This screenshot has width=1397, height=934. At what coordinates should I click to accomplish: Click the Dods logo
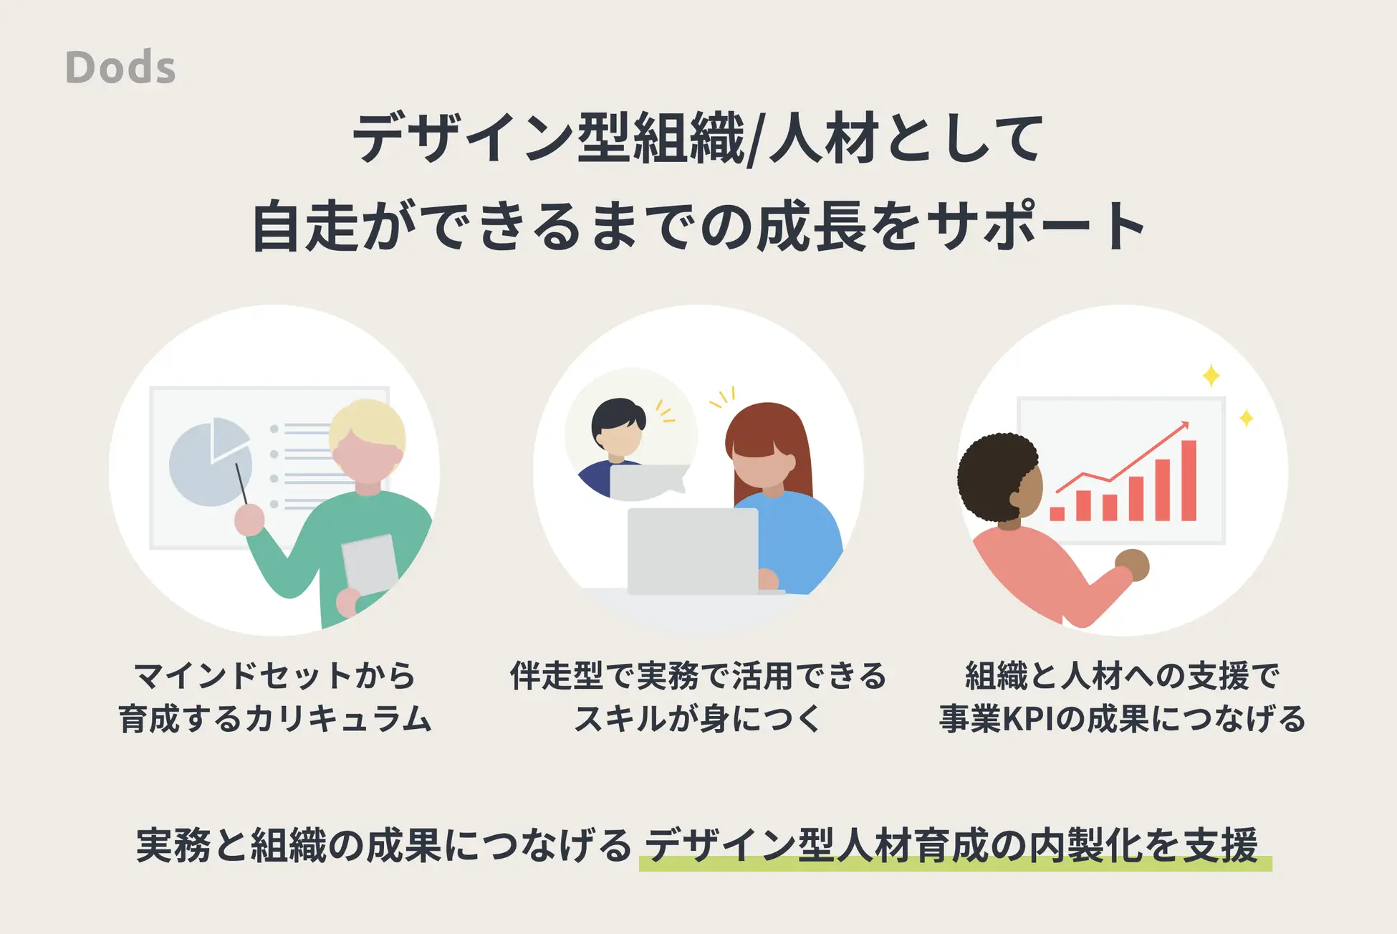click(120, 67)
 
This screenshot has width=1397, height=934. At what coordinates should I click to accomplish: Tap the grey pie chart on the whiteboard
click(210, 462)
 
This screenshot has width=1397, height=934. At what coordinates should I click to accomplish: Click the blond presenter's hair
click(368, 429)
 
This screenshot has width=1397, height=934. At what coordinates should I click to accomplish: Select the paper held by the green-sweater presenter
click(370, 566)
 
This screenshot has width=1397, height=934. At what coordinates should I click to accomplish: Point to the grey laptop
click(693, 551)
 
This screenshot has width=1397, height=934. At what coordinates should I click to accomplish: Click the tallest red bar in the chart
click(1189, 480)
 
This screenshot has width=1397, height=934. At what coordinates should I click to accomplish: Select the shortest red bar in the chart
click(1057, 513)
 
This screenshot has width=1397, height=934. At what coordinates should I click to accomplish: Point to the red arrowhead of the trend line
click(1184, 426)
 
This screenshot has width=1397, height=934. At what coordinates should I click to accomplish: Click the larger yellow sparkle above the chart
click(1211, 376)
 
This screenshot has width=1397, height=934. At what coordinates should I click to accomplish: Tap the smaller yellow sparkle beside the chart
click(1246, 417)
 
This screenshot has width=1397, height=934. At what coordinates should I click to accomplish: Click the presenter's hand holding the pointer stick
click(249, 520)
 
